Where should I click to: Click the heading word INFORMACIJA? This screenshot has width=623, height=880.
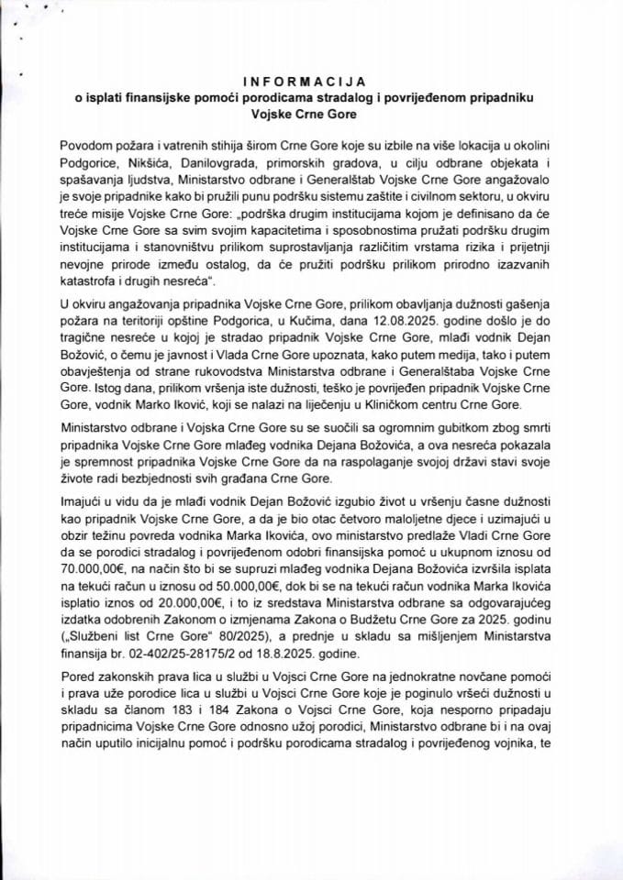(x=312, y=80)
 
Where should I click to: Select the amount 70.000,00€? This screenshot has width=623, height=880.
(x=94, y=569)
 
